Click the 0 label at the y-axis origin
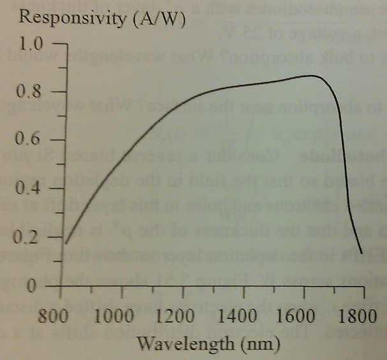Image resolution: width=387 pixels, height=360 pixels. pos(38,285)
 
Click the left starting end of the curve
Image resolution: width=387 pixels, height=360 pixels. pos(66,243)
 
